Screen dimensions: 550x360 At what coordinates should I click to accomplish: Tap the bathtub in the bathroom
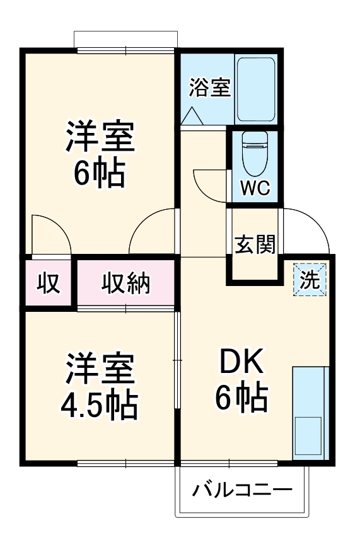coord(255,90)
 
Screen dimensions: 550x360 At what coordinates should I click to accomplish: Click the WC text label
coord(255,187)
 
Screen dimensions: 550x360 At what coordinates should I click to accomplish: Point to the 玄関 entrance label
coord(255,244)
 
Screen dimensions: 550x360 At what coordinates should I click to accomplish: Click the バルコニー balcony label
coord(242,490)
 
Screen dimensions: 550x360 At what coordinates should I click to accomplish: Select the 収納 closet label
coord(126,284)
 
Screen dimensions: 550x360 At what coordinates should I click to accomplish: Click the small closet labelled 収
coord(48,284)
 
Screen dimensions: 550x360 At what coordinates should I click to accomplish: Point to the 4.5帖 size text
coord(100,406)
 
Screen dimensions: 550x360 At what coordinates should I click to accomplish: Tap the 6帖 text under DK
coord(242,398)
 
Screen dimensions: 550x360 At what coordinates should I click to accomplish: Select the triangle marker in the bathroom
coord(192,116)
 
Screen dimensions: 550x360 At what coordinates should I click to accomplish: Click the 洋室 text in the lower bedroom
coord(100,370)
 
